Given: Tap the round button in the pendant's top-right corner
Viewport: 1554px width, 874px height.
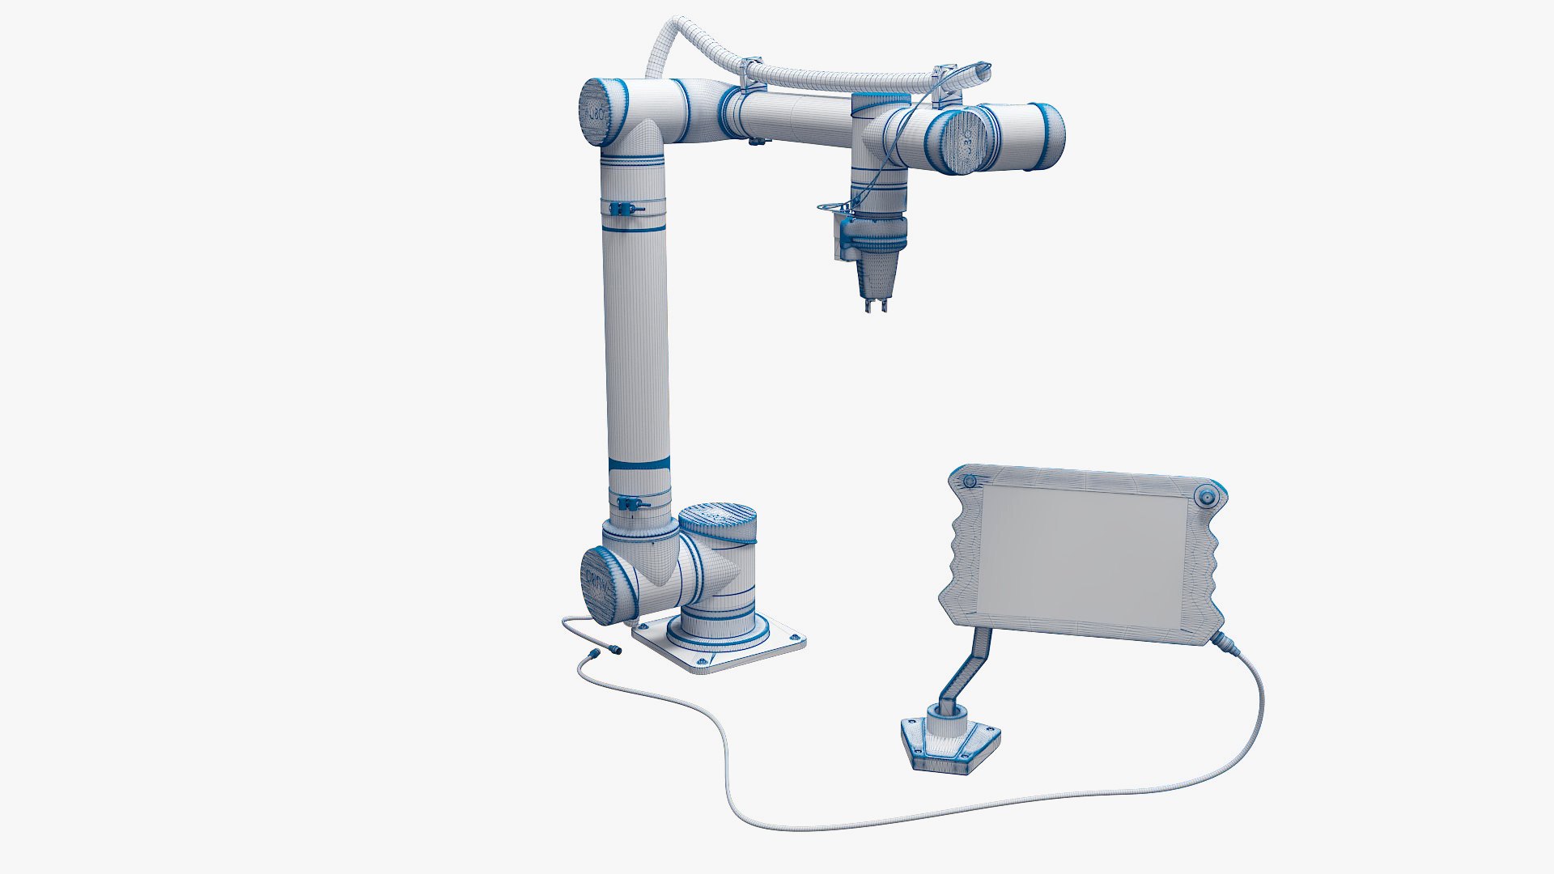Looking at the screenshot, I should (x=1207, y=497).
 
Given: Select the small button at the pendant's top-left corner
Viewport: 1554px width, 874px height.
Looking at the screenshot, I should (x=968, y=483).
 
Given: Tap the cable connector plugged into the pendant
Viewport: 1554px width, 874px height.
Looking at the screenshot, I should (x=1221, y=641).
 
